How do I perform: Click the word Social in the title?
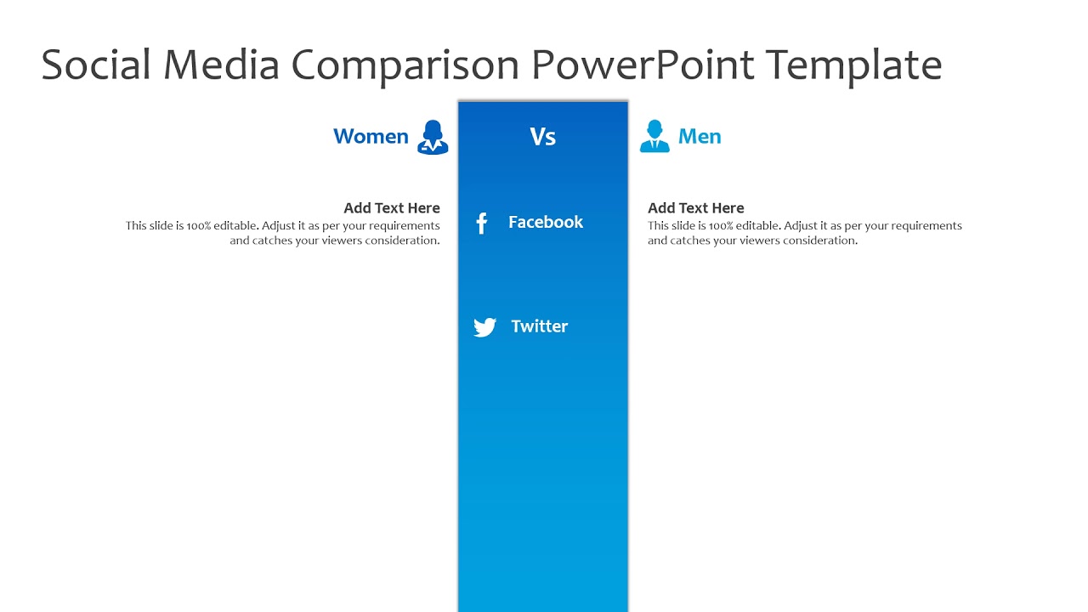click(95, 65)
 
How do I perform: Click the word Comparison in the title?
click(405, 65)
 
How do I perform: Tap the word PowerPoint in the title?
click(643, 65)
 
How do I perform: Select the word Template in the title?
click(853, 65)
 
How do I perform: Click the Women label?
click(371, 137)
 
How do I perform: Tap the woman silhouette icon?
click(433, 137)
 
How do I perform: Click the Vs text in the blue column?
click(542, 137)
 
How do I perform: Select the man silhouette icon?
click(654, 137)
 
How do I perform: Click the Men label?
click(700, 137)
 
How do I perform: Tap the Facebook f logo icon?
click(481, 224)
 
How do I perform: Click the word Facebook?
click(546, 223)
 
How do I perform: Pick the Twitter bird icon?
click(484, 327)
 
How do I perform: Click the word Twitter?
click(539, 326)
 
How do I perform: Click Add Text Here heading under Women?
click(392, 208)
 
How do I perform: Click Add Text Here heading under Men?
click(695, 208)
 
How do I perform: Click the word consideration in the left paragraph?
click(402, 241)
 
